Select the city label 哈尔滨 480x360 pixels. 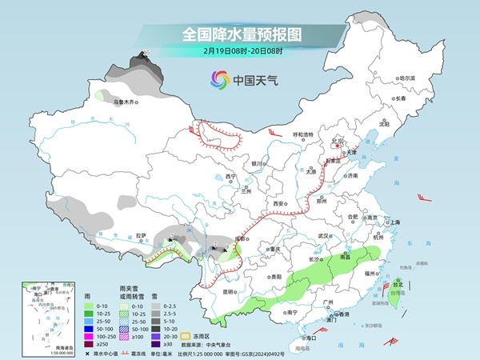coord(407,78)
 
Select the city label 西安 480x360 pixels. coord(278,204)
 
